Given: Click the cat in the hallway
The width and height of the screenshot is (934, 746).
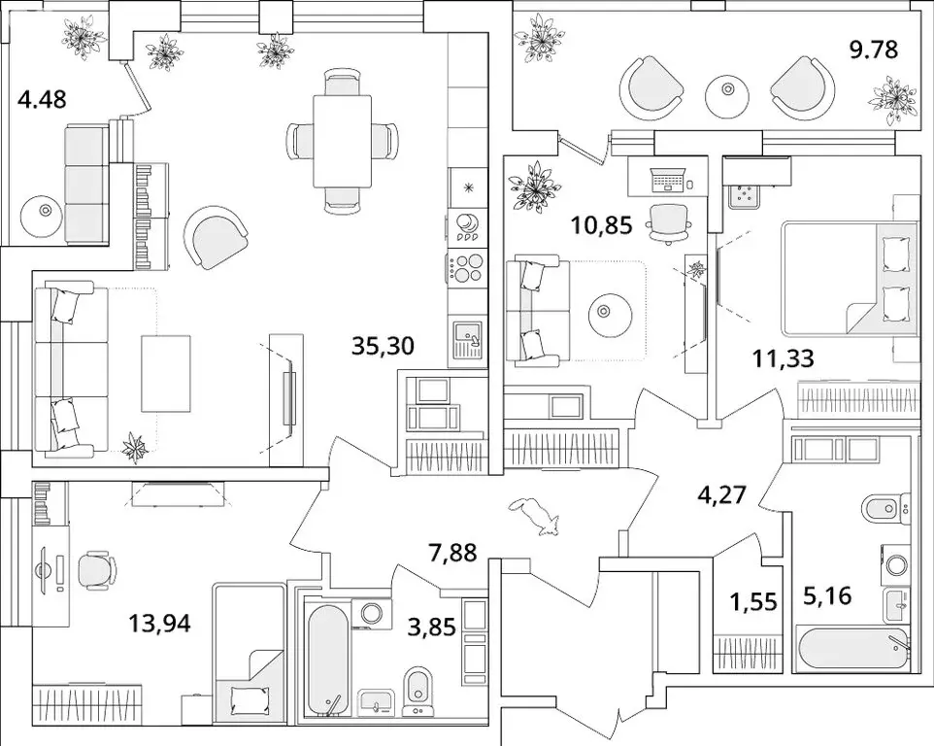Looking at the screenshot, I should click(x=537, y=515).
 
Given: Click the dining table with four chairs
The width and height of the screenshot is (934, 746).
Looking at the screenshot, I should click(x=343, y=141).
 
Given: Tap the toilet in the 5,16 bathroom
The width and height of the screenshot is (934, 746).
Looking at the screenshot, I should click(x=885, y=507).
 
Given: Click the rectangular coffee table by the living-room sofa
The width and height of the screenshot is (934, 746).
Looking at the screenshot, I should click(x=166, y=373).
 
